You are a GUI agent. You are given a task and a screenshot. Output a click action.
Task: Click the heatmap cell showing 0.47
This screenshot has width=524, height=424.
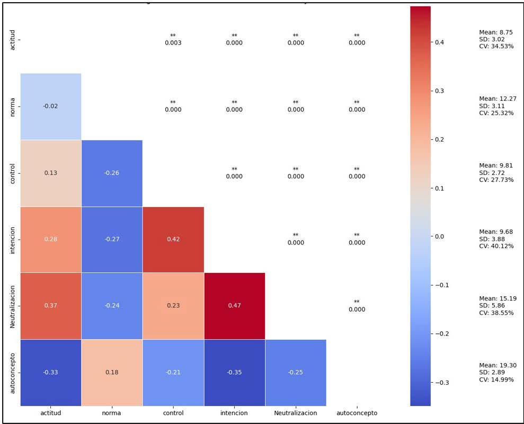pos(234,306)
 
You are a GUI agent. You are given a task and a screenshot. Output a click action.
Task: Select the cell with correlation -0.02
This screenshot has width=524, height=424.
pos(51,106)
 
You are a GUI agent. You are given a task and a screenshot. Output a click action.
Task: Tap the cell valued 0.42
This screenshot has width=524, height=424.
pos(173,239)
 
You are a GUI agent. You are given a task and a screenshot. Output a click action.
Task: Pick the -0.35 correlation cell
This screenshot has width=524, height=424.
pos(234,372)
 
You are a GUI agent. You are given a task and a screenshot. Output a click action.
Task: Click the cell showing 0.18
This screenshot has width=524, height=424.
pos(112,372)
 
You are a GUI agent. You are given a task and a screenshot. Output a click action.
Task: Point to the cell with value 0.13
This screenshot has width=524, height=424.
pos(51,173)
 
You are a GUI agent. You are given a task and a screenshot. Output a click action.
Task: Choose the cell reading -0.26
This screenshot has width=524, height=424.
pos(112,173)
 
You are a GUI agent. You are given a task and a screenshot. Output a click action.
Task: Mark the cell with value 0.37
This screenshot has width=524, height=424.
pos(51,306)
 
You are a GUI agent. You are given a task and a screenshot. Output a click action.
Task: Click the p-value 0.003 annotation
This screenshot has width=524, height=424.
pos(173,43)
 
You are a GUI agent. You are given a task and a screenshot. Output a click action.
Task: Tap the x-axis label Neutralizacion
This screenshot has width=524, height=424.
pos(295,413)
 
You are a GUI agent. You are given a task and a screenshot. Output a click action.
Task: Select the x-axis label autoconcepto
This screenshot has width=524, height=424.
pos(357,413)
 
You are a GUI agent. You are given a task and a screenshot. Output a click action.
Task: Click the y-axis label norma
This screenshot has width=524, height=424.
pos(13,106)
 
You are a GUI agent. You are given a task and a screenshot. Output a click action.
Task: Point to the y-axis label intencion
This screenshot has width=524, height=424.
pos(13,239)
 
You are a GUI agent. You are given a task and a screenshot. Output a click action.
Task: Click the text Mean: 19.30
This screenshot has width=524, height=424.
pos(498,365)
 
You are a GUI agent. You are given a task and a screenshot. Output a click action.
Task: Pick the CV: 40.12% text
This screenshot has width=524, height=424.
pos(496,246)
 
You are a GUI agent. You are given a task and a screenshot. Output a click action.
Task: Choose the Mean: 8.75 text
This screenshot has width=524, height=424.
pos(495,32)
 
